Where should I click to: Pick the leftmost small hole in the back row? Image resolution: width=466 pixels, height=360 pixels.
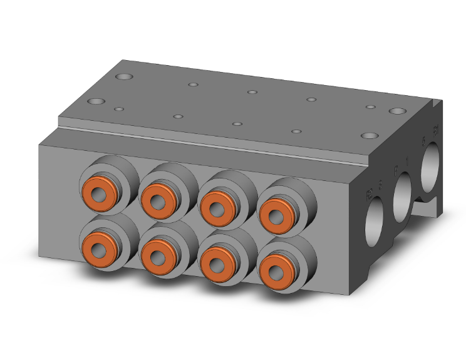point(194,83)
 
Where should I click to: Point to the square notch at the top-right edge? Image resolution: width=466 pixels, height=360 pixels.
point(435,103)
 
